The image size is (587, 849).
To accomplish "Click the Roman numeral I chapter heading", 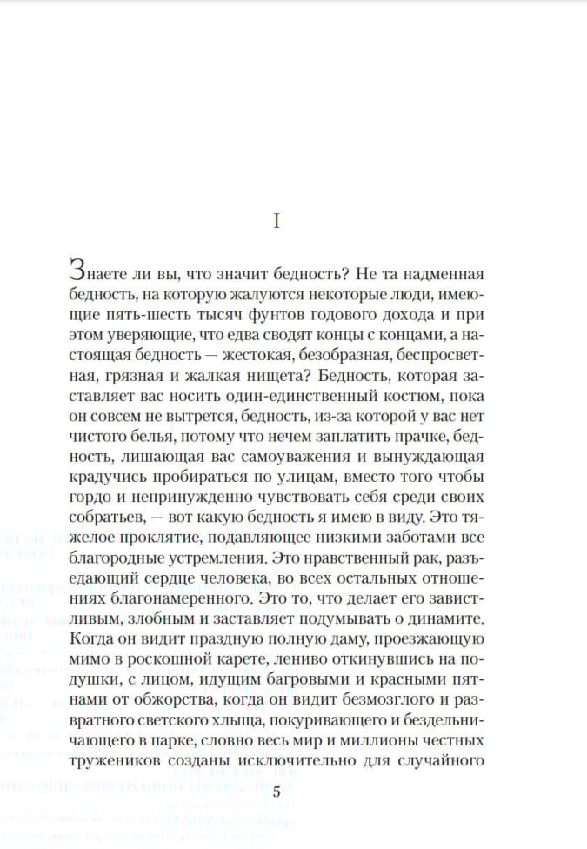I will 277,222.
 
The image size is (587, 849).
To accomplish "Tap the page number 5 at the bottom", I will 277,792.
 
